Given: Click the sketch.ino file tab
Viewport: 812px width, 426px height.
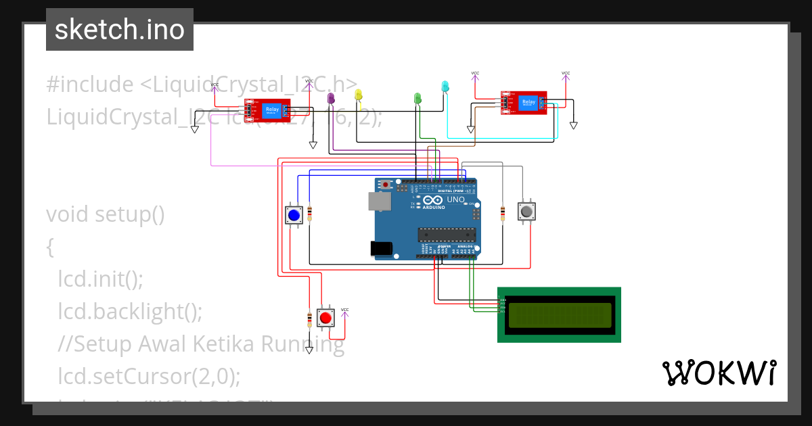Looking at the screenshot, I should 120,30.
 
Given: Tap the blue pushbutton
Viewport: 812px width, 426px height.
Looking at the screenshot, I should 294,215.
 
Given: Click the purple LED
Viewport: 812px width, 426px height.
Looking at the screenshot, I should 331,99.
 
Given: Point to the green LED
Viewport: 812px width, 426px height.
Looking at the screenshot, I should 418,99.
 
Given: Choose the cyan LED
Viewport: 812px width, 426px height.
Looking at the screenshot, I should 445,87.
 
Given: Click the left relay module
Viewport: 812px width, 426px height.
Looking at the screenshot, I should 268,110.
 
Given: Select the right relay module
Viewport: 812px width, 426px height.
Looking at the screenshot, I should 524,103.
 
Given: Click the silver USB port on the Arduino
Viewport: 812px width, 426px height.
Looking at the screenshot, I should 379,200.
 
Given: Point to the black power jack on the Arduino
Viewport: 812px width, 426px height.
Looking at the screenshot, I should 382,249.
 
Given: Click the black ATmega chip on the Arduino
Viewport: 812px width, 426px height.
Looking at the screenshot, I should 447,234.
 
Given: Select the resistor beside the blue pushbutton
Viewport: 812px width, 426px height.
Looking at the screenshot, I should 310,214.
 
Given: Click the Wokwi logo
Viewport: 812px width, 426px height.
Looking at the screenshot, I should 719,373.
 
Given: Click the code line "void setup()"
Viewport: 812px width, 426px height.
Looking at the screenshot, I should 106,214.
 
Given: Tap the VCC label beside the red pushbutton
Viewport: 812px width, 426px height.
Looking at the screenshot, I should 344,310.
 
